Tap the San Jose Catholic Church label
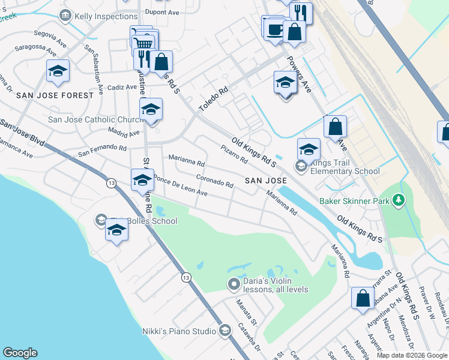95,119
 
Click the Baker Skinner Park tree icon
398,201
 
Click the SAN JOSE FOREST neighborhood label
55,95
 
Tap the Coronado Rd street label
214,181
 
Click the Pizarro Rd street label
234,155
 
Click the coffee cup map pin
275,29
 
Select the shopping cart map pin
143,43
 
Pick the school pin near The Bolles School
116,231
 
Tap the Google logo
20,353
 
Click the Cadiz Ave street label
122,87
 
